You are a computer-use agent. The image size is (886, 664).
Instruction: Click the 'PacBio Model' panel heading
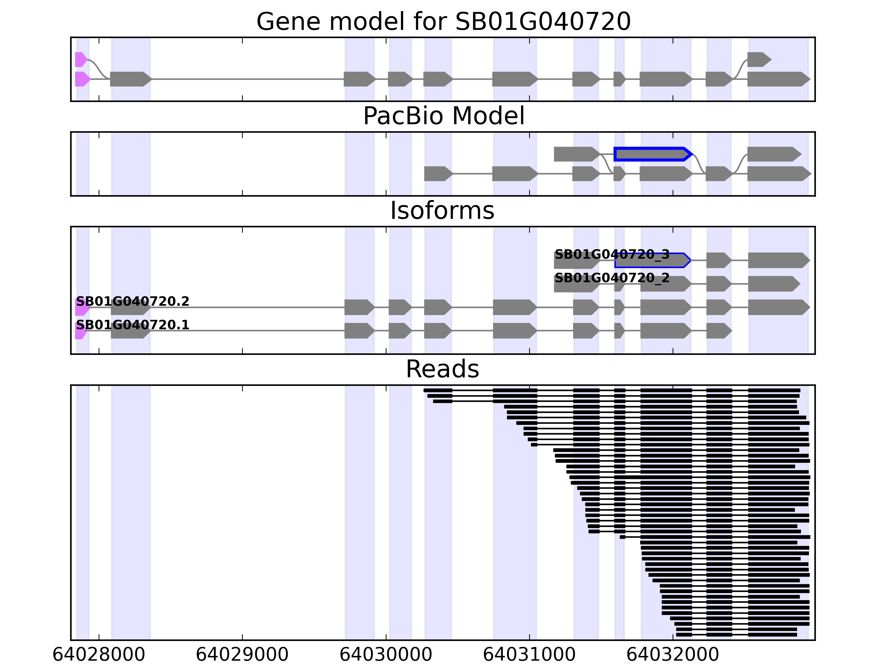443,116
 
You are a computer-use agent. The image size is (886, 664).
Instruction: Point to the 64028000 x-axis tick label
99,654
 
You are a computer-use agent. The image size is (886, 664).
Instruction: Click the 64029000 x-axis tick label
242,654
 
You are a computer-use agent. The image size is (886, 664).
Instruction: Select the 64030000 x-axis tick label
386,654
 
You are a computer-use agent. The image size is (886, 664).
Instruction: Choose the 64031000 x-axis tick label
529,654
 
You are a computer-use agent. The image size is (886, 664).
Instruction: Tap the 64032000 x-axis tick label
673,654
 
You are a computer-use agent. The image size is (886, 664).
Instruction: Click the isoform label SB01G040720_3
612,255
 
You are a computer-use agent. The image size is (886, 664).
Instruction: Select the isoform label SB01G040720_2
612,278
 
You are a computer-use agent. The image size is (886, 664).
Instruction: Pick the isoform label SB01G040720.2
133,301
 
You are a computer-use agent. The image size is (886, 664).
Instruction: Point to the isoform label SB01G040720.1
133,325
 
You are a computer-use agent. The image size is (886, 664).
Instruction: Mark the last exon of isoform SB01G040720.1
718,331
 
